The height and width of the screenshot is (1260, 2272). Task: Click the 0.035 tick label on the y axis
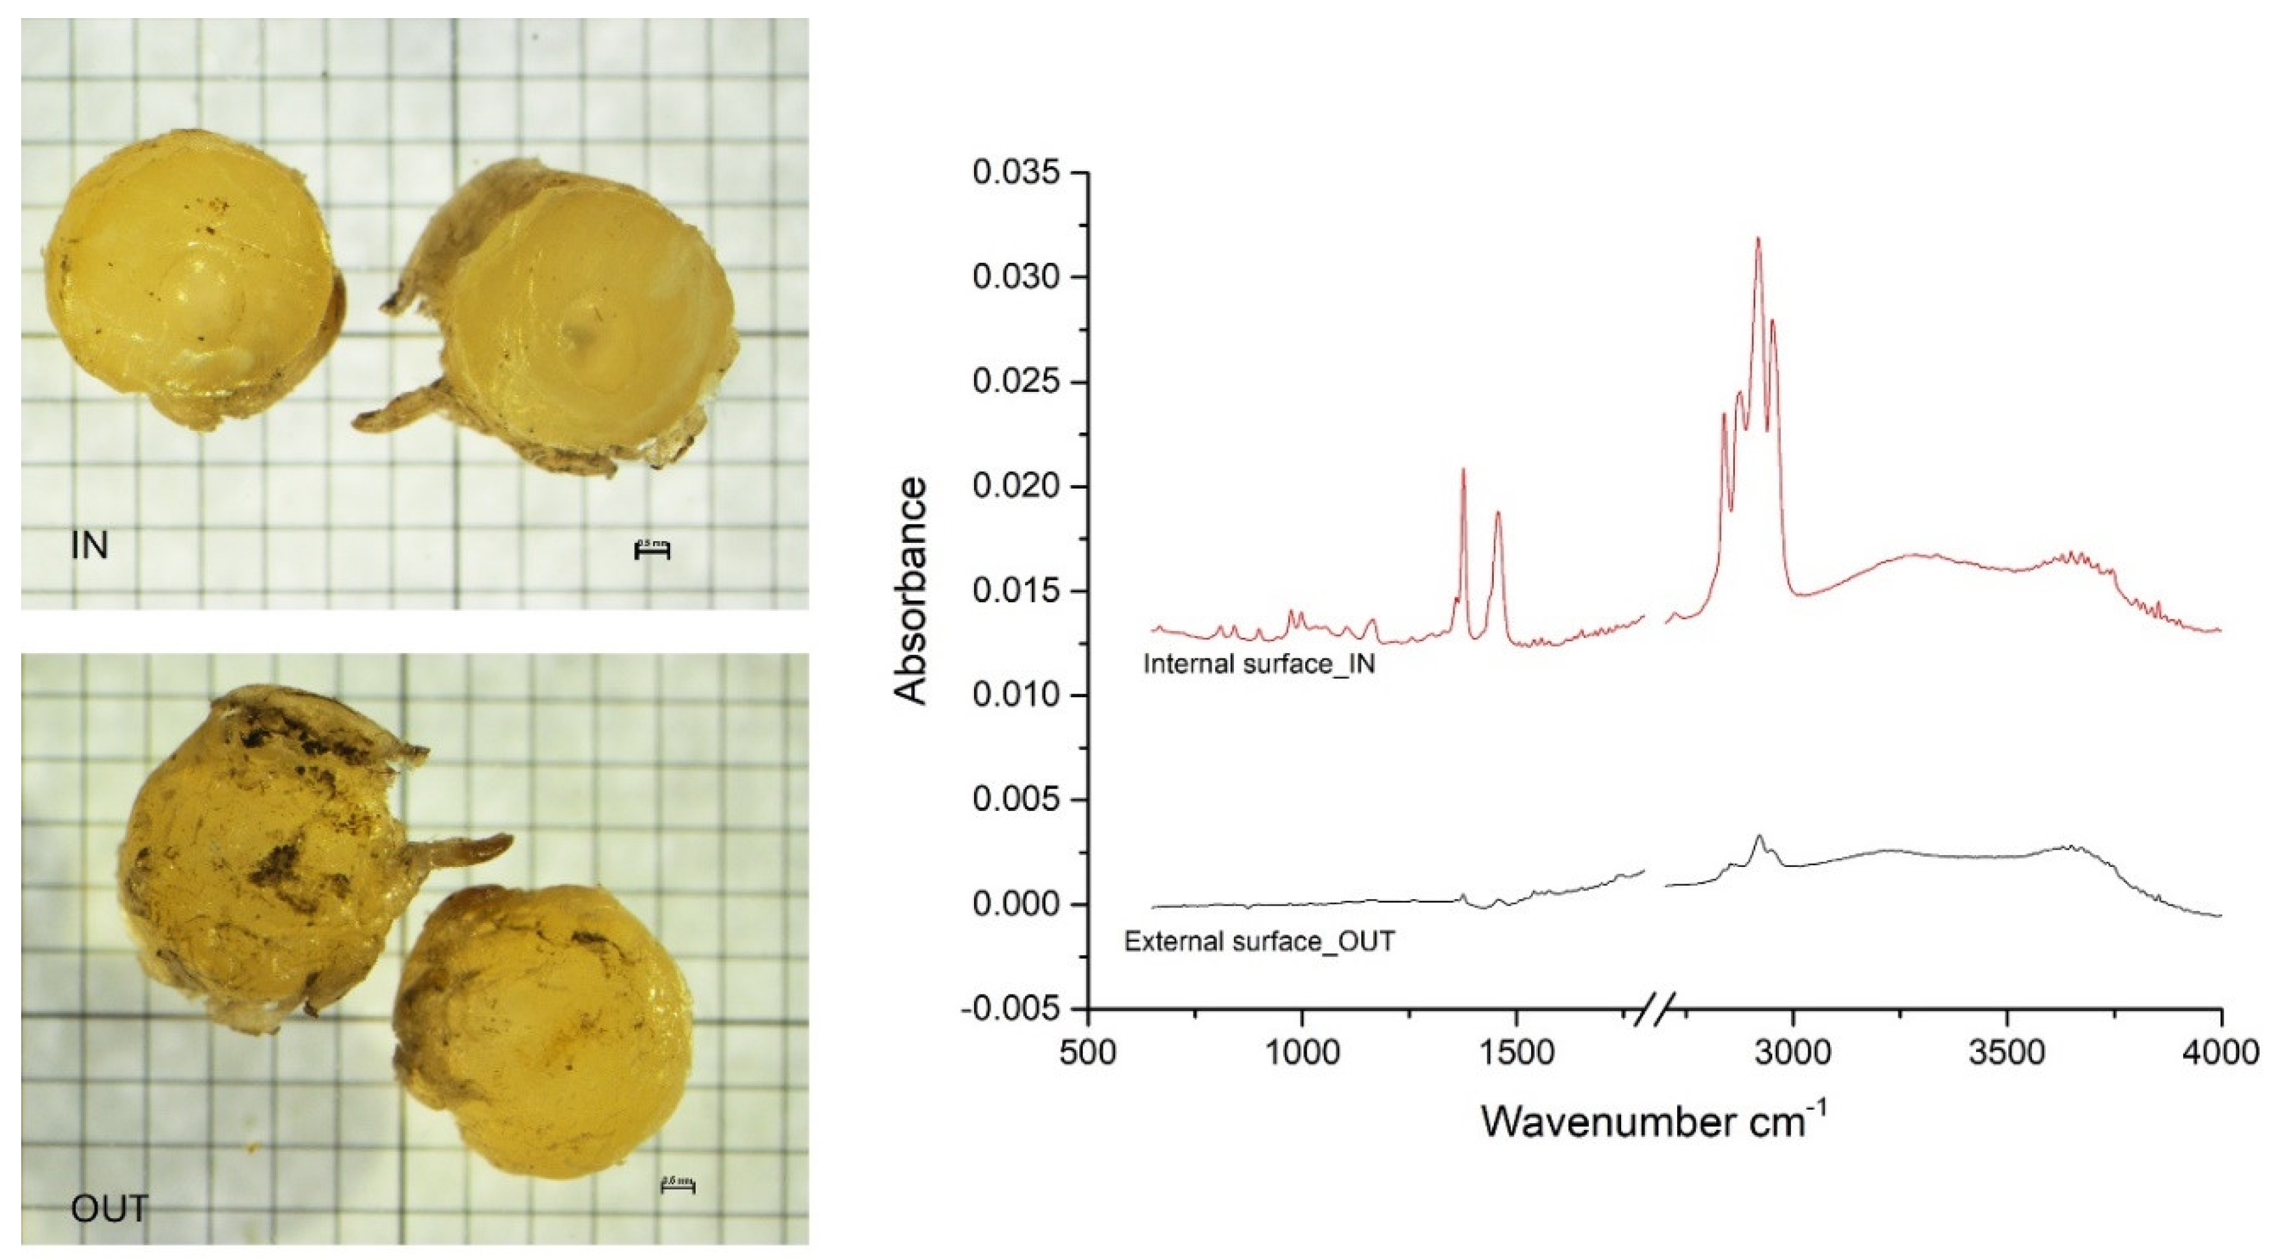1017,173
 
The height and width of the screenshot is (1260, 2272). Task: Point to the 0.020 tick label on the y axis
1017,487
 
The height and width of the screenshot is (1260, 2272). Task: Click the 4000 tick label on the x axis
2220,1054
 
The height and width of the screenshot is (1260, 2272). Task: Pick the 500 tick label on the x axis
1087,1054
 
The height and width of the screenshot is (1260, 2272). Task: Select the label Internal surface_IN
1259,664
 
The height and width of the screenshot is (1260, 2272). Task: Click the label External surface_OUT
1259,942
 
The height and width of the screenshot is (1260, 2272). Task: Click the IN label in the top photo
89,546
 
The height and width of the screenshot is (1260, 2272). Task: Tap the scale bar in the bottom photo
678,1187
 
